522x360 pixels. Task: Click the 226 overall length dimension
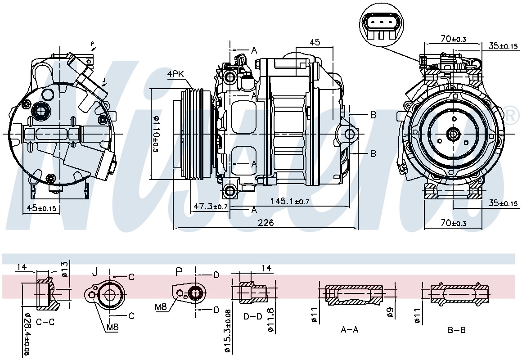[x=265, y=222]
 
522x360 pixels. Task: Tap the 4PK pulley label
[x=176, y=74]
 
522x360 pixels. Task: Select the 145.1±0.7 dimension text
[x=290, y=201]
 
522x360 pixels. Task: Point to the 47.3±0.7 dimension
[x=211, y=207]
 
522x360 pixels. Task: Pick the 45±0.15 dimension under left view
[x=41, y=208]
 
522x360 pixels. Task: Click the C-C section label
[x=45, y=322]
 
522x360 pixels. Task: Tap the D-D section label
[x=253, y=316]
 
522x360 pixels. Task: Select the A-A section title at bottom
[x=350, y=330]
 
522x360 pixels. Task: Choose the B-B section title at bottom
[x=456, y=330]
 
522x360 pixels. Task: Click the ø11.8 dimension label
[x=270, y=319]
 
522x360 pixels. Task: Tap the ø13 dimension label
[x=65, y=269]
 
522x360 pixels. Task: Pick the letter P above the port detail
[x=179, y=272]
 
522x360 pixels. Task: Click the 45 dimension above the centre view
[x=315, y=42]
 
